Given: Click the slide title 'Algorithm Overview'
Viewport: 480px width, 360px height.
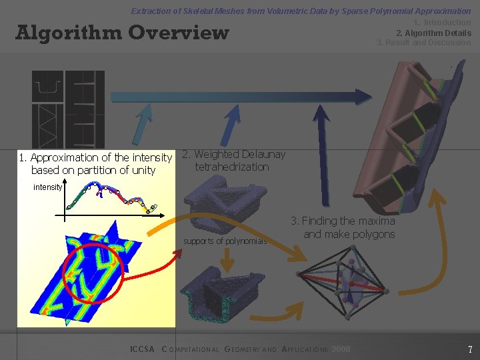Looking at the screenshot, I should tap(122, 33).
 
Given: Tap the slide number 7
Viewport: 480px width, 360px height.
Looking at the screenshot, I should tap(470, 349).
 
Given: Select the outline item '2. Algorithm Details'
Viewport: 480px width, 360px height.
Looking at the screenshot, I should tap(433, 33).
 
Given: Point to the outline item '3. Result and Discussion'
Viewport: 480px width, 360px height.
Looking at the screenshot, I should tap(423, 43).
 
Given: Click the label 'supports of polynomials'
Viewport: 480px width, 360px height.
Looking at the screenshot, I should tap(225, 241).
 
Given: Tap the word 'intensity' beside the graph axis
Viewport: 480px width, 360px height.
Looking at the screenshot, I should tap(47, 187).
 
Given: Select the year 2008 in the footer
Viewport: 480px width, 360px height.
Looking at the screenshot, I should tap(340, 349).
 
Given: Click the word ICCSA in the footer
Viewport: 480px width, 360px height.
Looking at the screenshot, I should tap(142, 349).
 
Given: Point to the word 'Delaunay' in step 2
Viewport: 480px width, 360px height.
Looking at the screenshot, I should tap(263, 155).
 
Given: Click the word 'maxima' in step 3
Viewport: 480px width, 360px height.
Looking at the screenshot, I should tap(377, 221).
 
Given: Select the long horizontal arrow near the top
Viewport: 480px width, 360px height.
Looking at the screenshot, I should tap(240, 97).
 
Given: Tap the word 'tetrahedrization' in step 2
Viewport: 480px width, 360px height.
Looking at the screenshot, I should tap(232, 167).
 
